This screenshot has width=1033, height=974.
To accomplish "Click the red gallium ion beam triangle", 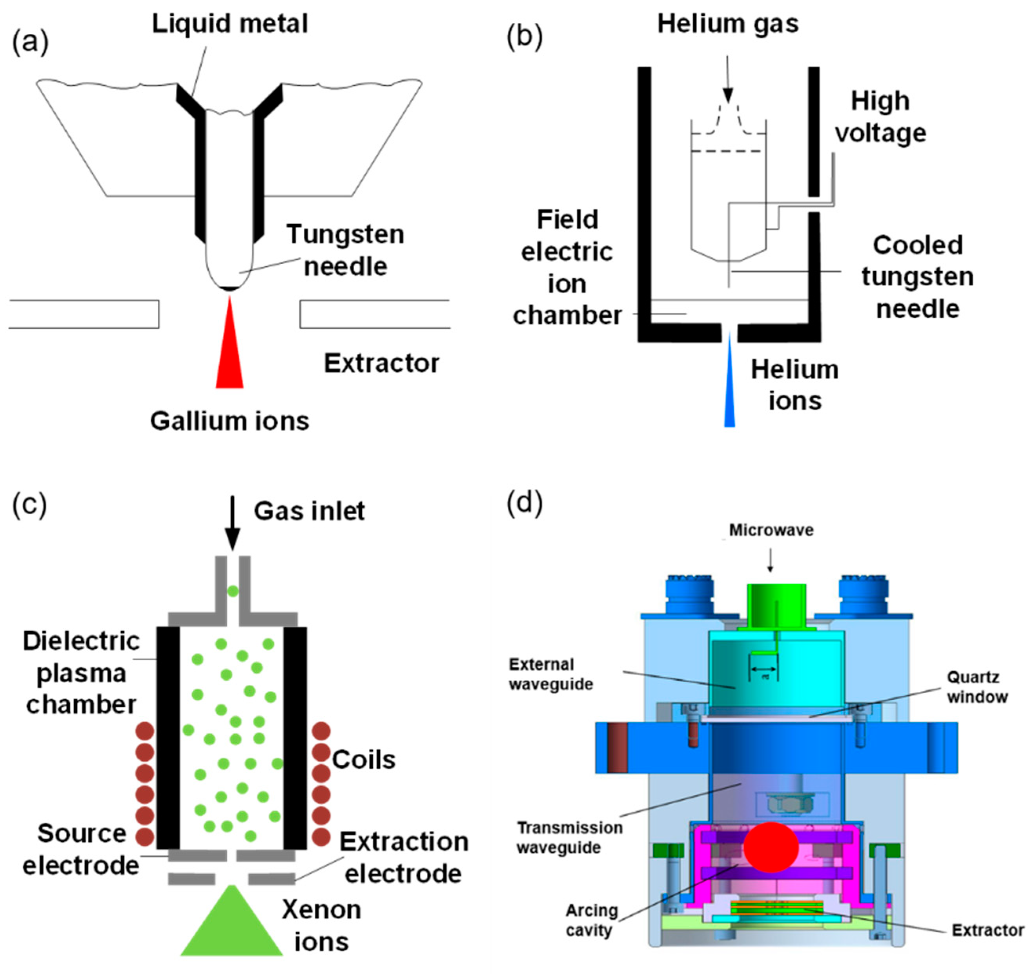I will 229,354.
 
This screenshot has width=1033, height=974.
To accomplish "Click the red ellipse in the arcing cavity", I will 771,847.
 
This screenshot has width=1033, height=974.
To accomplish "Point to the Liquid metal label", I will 230,24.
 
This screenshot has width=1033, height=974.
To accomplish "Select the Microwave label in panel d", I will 771,530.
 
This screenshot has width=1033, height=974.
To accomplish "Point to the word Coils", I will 364,760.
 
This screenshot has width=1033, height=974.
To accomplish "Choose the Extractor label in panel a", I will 381,363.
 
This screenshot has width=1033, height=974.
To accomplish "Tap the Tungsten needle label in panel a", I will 345,250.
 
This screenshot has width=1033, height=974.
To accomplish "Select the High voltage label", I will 880,117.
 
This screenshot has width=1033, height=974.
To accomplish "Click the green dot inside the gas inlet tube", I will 233,591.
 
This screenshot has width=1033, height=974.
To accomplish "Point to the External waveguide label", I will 551,674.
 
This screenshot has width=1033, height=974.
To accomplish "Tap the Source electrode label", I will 81,849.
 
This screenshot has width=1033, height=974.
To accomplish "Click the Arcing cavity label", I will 591,919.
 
